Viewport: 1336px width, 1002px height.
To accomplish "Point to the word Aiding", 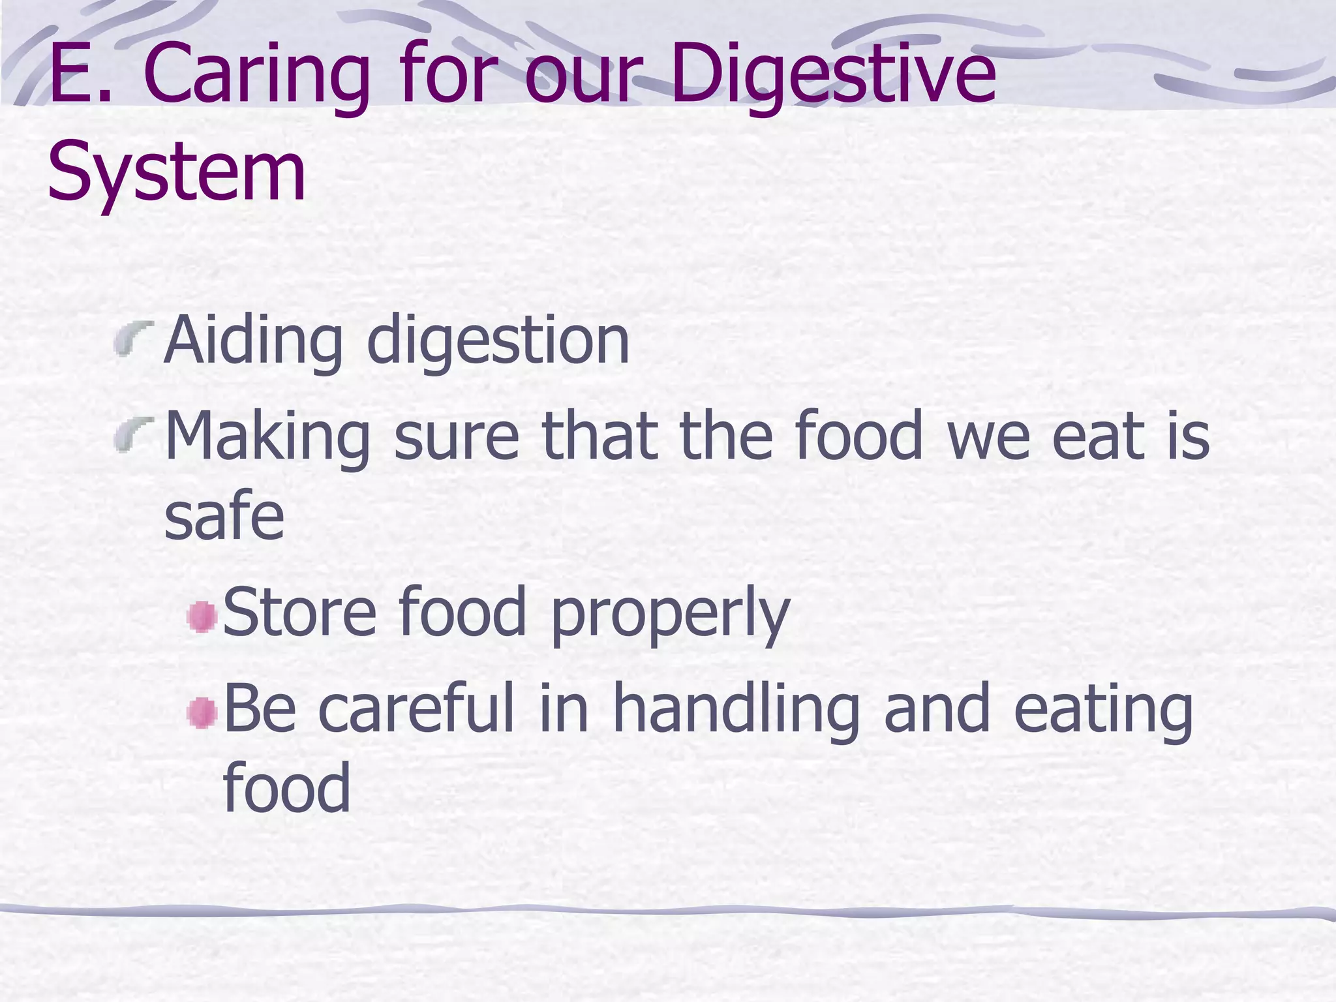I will [x=254, y=341].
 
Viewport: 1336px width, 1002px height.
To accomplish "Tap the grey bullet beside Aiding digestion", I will [x=134, y=337].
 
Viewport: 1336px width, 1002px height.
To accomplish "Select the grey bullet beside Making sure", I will [x=134, y=434].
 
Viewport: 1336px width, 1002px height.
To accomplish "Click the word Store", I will [x=299, y=612].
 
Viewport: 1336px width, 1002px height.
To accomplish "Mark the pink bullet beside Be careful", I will [x=202, y=712].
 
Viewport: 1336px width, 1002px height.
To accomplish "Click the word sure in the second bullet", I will [x=457, y=436].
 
